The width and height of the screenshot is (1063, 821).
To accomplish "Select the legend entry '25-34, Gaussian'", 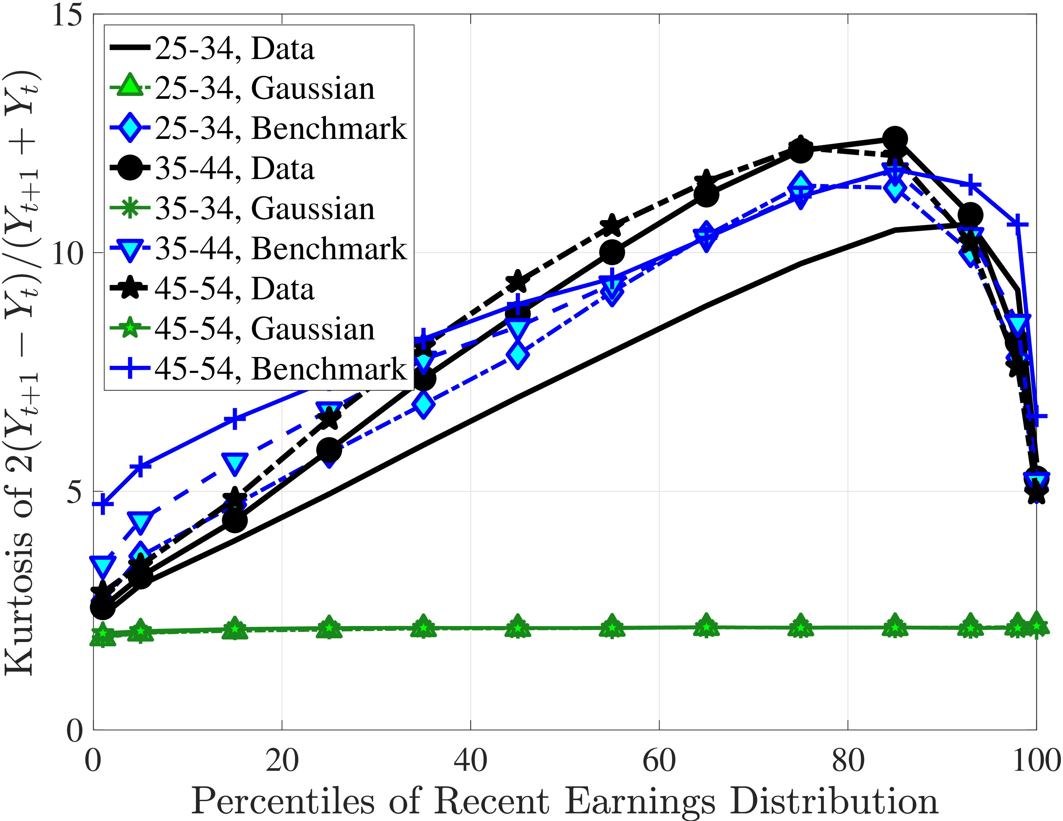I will coord(264,89).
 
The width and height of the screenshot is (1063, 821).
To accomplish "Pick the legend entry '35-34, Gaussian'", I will coord(264,209).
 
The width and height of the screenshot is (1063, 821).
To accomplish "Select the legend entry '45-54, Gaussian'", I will coord(264,329).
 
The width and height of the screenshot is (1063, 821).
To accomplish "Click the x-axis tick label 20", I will coord(282,761).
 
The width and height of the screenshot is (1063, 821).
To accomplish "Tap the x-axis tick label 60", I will coord(659,761).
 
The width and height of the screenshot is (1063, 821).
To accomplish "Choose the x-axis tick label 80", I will coord(848,761).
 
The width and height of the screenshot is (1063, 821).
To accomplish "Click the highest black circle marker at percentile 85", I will coord(895,140).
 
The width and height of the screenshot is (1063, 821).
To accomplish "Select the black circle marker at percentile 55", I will coord(612,252).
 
